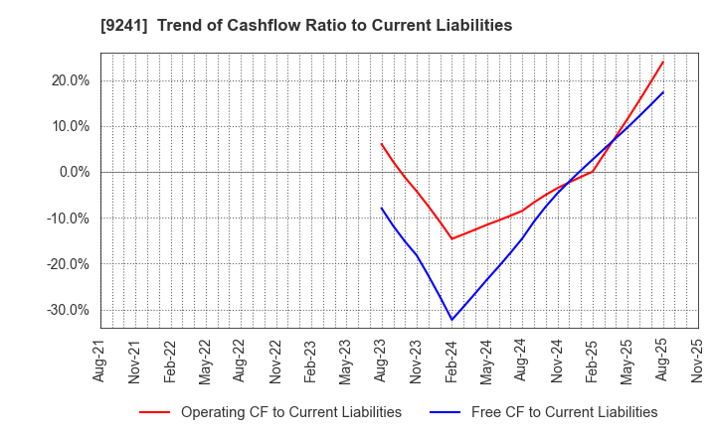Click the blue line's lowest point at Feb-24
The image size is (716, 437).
[452, 320]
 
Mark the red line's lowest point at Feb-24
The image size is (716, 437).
[452, 238]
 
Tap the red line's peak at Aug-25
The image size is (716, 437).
[663, 62]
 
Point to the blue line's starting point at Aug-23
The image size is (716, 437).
[382, 208]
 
